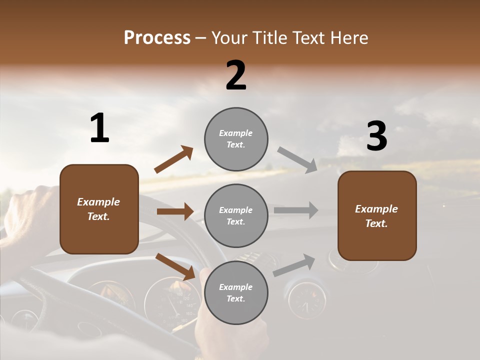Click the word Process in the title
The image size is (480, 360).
click(157, 38)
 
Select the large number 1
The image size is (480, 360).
click(99, 128)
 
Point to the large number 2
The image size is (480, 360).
click(236, 75)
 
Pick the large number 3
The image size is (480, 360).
click(376, 136)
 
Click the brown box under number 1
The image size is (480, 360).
click(99, 209)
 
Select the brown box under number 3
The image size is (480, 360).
click(377, 215)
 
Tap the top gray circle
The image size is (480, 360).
click(236, 139)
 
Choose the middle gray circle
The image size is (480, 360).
click(236, 216)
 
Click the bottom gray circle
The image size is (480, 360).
click(236, 293)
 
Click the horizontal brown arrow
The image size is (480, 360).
click(175, 211)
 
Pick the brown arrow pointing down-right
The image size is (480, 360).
click(175, 266)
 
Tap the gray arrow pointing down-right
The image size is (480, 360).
click(297, 159)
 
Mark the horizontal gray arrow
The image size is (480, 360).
click(296, 210)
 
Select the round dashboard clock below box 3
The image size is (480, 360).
click(307, 300)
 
